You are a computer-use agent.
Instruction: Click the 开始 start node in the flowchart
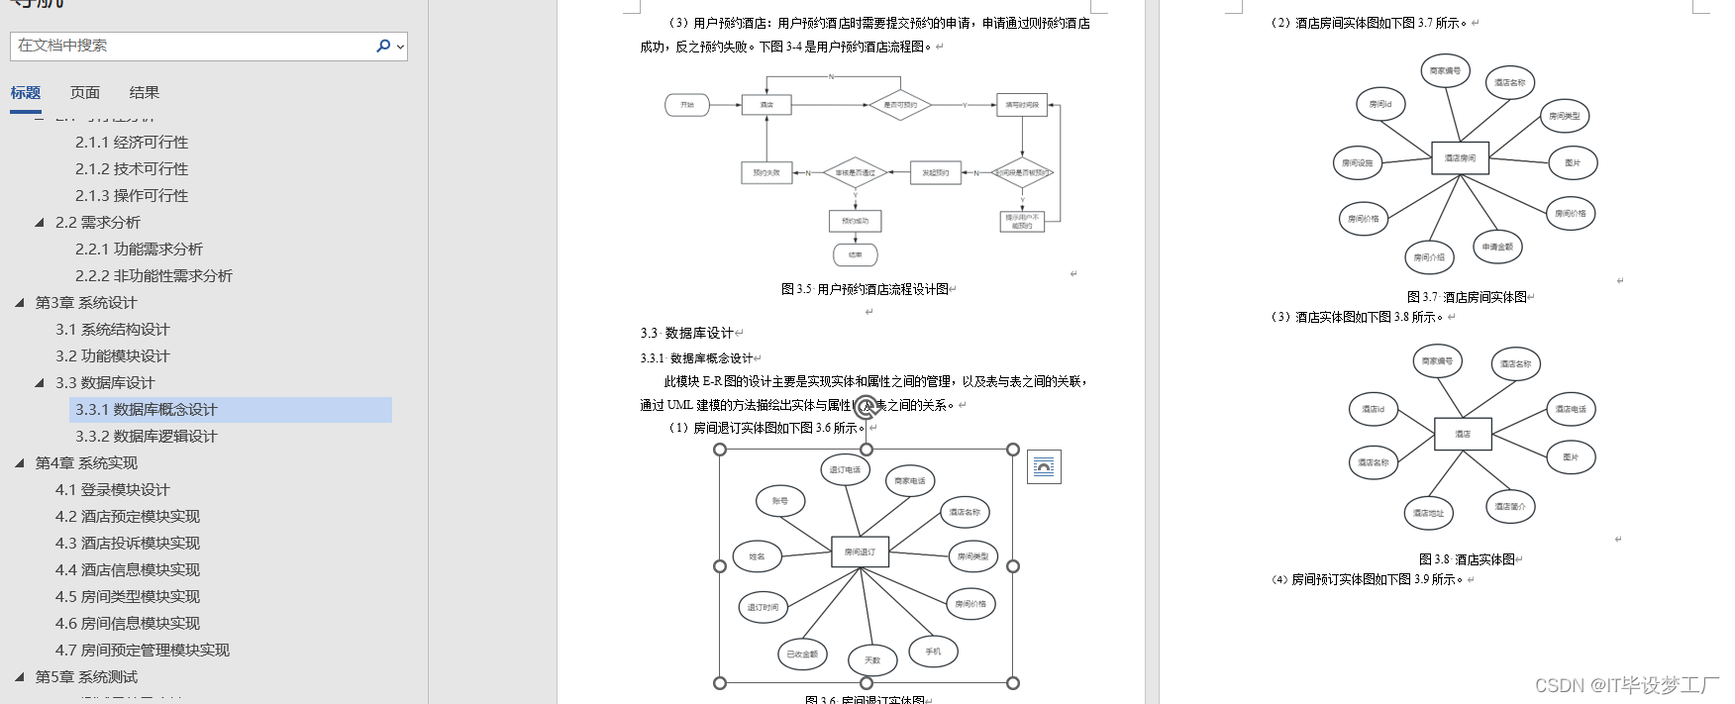point(687,105)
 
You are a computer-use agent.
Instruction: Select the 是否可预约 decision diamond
point(900,105)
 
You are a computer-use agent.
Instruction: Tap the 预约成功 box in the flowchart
point(855,221)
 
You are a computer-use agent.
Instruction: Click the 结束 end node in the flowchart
point(855,255)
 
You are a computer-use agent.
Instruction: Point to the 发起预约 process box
point(935,173)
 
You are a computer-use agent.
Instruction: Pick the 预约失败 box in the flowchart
point(766,173)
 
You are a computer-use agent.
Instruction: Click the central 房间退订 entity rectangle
point(860,553)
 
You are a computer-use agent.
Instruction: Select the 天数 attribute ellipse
point(872,659)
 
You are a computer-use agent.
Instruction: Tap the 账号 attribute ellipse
point(780,501)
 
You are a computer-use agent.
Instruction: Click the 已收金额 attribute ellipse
point(802,654)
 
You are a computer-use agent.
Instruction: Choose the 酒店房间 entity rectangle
point(1460,158)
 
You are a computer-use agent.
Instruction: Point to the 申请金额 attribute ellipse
point(1497,247)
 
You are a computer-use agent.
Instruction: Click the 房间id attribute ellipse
point(1380,104)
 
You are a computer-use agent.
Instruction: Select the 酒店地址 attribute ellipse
point(1428,513)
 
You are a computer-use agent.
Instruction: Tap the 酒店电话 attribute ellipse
point(1571,409)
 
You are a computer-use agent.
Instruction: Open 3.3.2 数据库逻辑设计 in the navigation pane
point(146,437)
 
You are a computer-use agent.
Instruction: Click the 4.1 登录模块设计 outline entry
point(112,490)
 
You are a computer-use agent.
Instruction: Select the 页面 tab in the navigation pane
point(85,93)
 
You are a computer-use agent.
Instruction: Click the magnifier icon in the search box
point(383,46)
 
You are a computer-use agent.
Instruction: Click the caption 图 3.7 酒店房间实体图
point(1467,297)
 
